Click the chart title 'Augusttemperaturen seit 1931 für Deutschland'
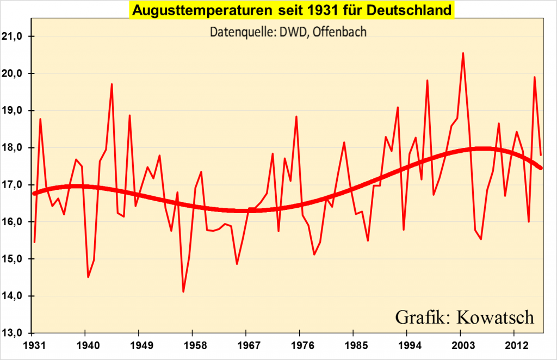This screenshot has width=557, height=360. click(292, 10)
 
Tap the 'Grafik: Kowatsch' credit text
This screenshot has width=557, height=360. click(465, 316)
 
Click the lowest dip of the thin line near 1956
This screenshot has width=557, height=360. click(183, 291)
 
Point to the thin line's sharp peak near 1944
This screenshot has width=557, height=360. click(112, 84)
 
